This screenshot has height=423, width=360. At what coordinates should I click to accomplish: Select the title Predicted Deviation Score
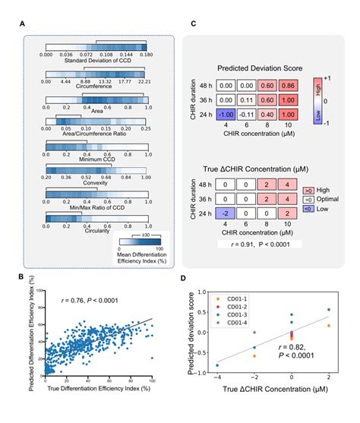[257, 66]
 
